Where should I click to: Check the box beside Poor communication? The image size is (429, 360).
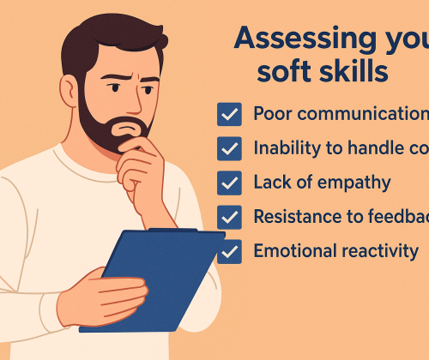229,115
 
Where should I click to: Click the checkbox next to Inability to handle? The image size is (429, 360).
229,148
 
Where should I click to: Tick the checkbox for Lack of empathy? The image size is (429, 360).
229,183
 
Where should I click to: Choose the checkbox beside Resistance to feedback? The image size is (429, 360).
229,217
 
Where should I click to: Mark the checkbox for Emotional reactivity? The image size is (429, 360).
229,252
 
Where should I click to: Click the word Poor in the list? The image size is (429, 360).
274,114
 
